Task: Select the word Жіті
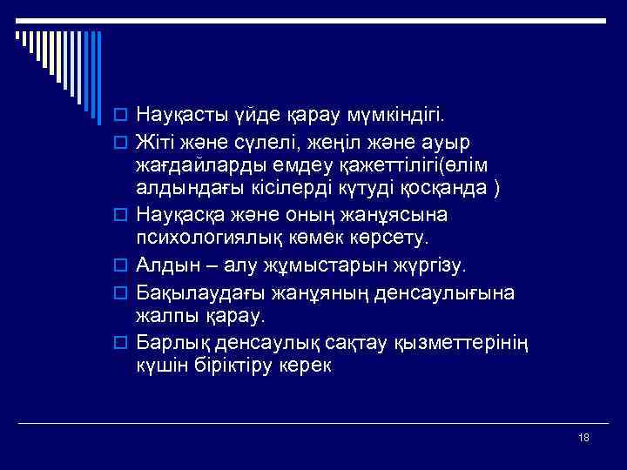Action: pyautogui.click(x=155, y=140)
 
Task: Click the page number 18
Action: pyautogui.click(x=583, y=437)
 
